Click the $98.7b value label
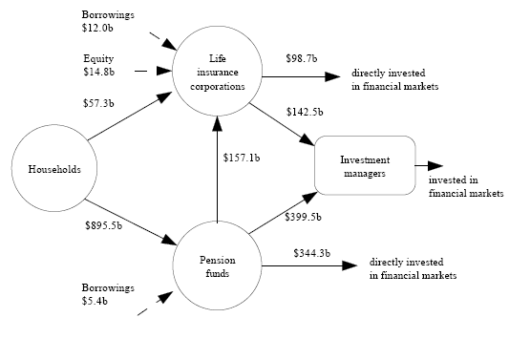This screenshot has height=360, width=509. pyautogui.click(x=303, y=58)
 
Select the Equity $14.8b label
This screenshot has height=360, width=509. pyautogui.click(x=99, y=64)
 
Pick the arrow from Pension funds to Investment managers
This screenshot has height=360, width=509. pyautogui.click(x=282, y=213)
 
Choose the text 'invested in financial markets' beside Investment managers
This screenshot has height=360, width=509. pyautogui.click(x=465, y=186)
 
